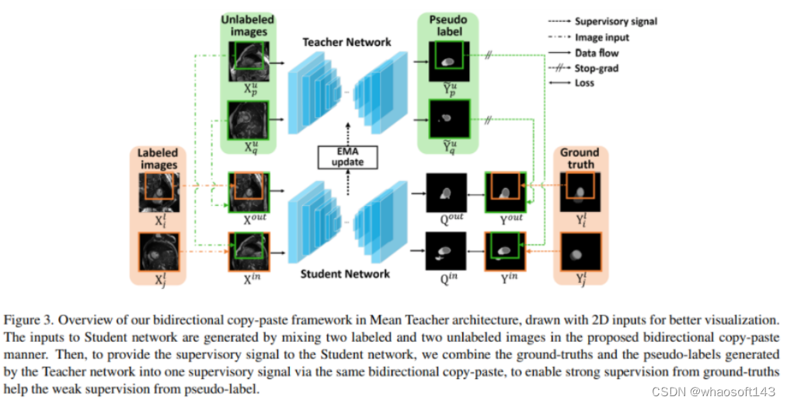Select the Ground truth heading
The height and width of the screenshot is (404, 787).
pyautogui.click(x=580, y=158)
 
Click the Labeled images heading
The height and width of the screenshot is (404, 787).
pyautogui.click(x=158, y=159)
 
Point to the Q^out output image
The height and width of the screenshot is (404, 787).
pyautogui.click(x=446, y=191)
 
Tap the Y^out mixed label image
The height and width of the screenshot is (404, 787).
pyautogui.click(x=504, y=191)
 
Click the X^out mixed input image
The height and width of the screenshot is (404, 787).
pyautogui.click(x=248, y=191)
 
